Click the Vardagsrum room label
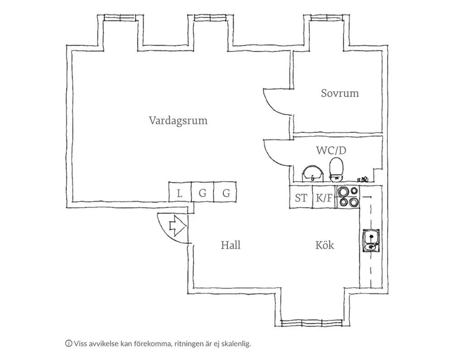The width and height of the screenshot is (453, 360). (178, 120)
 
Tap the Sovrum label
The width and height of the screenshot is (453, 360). (340, 93)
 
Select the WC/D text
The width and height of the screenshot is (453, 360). (334, 150)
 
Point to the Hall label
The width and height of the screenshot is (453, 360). (231, 245)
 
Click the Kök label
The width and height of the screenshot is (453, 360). (325, 245)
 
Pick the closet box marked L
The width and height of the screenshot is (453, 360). (180, 193)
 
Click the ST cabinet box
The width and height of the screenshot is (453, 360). (301, 198)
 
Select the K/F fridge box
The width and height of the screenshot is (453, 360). (324, 198)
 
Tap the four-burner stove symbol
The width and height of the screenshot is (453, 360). (347, 197)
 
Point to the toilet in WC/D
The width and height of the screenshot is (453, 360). (337, 169)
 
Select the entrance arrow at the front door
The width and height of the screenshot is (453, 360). (177, 225)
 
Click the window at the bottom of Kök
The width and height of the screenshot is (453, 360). (311, 323)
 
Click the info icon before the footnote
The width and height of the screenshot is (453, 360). (68, 343)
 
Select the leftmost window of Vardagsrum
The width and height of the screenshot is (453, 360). (119, 18)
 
